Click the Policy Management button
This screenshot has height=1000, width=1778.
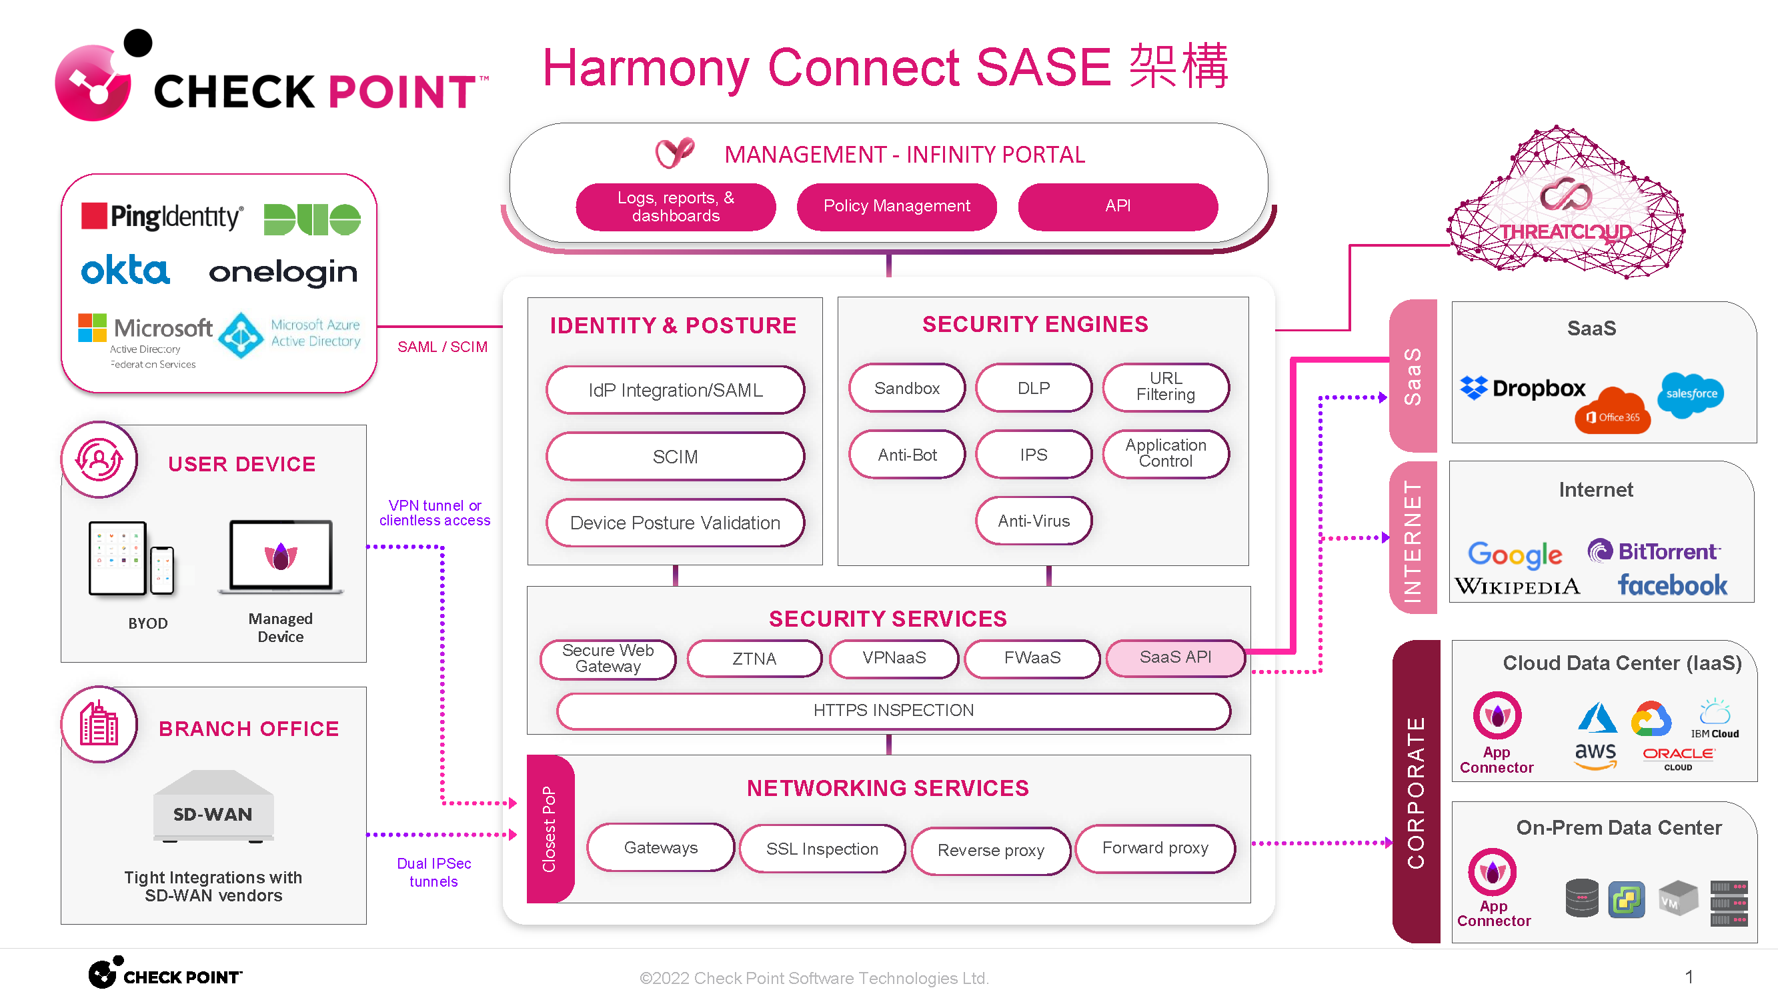pos(896,205)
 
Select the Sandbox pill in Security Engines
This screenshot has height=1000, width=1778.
pos(906,388)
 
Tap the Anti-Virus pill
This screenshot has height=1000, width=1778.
pos(1033,521)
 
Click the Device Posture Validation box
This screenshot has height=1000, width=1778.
pos(674,523)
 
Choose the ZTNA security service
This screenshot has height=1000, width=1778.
pos(754,659)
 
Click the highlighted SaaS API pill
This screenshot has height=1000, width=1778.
pos(1174,657)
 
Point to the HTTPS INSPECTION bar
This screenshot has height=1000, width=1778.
pos(893,710)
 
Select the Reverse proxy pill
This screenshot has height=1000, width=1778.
pos(990,850)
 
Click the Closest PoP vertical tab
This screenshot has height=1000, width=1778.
pos(550,829)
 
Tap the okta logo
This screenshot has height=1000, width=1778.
pos(125,271)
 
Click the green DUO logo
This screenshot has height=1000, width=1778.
pos(312,219)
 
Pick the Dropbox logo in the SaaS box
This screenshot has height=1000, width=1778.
pos(1523,389)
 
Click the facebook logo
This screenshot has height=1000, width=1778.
pos(1672,585)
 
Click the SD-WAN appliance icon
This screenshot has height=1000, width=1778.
pos(213,806)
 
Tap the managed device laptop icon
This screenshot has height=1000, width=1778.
pos(280,556)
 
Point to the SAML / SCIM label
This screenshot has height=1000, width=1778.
pos(441,347)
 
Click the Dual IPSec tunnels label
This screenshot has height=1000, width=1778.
pos(433,872)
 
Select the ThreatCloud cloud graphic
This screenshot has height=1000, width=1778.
pos(1565,207)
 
